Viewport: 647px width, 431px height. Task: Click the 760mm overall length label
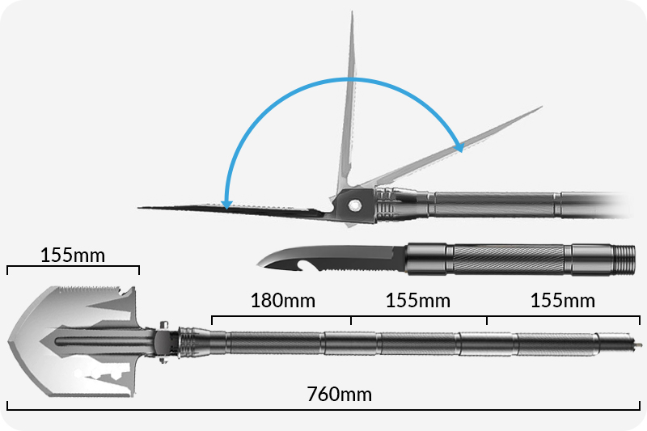click(339, 395)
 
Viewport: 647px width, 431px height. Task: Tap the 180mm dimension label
click(282, 301)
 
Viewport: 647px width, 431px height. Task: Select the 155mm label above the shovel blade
click(73, 255)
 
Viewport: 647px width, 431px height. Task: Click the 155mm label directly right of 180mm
click(418, 301)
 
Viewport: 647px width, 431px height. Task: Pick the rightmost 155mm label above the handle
click(562, 301)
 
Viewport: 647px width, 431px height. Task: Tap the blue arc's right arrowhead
click(459, 146)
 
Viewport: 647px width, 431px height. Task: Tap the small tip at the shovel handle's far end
click(638, 344)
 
